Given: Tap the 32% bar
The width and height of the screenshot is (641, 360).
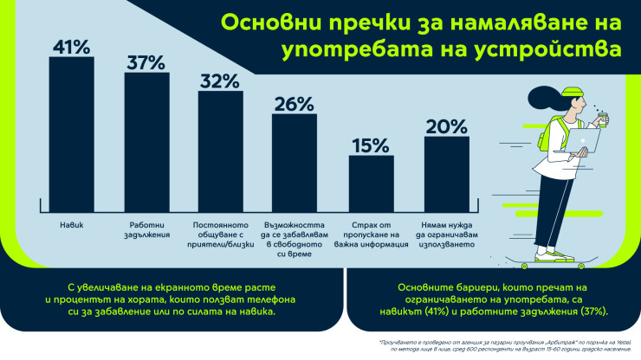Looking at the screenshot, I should [x=221, y=151].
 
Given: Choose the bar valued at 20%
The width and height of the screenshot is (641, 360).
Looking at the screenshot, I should [x=446, y=173].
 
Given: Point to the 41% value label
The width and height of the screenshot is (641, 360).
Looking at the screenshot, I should [x=71, y=47].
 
